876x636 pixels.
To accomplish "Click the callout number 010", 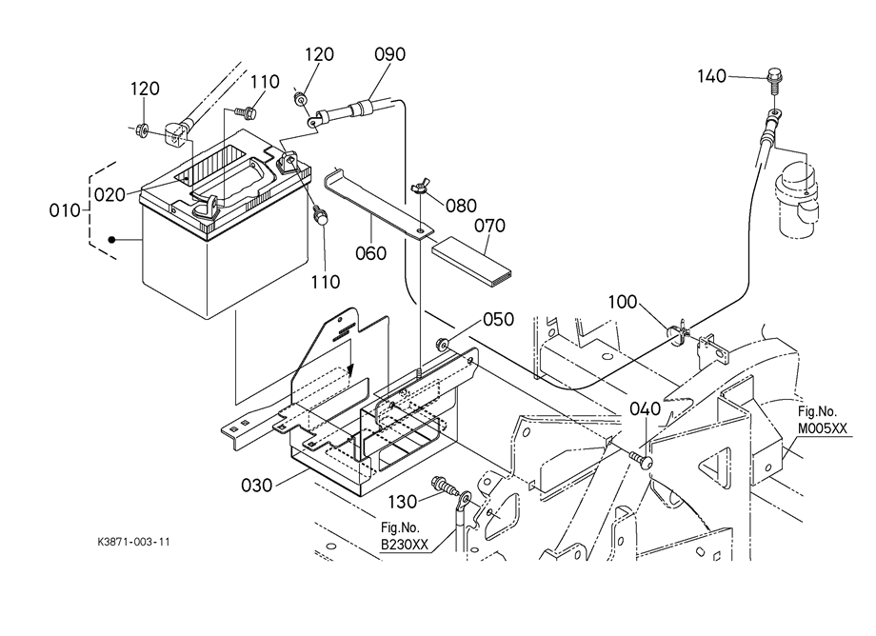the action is (64, 210).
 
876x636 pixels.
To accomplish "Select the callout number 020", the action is (109, 195).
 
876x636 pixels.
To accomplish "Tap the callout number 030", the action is (256, 486).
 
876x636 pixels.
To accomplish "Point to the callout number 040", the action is (645, 408).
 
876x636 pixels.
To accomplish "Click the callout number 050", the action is (498, 319).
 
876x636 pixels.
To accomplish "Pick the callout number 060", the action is (371, 253).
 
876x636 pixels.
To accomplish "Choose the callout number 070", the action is (489, 226).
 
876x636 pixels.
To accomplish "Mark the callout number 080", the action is (461, 206).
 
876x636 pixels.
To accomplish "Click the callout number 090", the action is (389, 54).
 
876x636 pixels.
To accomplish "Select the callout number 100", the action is (623, 302).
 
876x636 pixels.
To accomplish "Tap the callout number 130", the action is (402, 502).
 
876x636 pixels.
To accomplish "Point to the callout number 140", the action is (712, 76).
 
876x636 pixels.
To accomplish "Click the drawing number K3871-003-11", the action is (133, 542).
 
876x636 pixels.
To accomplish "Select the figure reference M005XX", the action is (822, 428).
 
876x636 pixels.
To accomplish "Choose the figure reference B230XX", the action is (405, 544).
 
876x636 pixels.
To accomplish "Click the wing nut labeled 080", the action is (419, 188).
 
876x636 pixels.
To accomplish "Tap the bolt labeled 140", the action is (775, 80).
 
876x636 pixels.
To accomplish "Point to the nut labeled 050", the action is (443, 344).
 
